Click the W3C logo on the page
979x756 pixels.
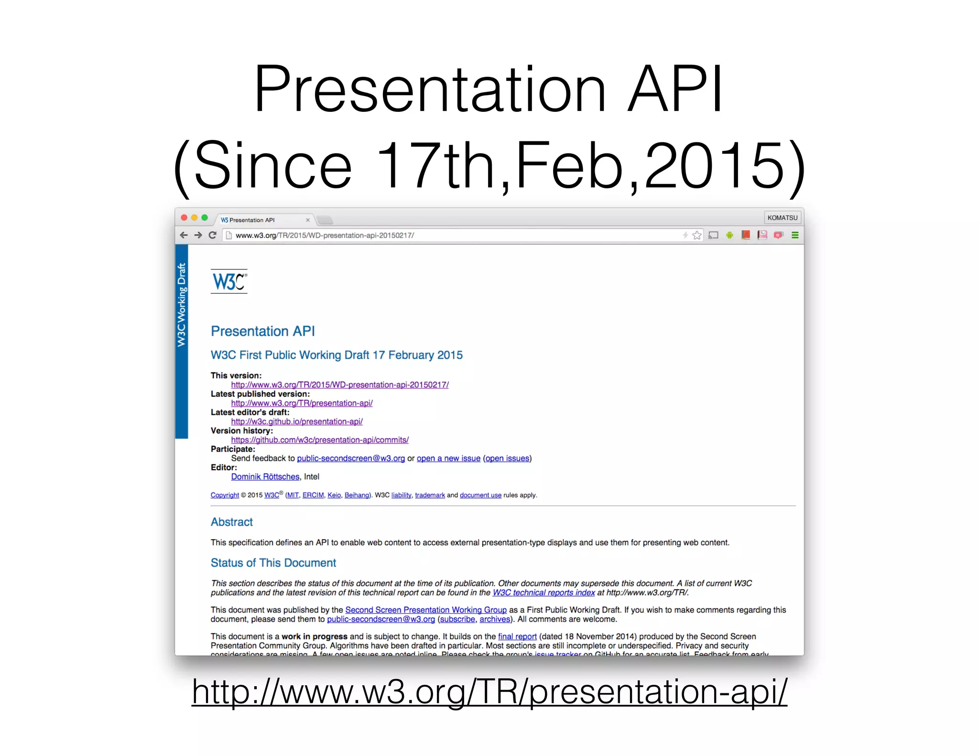[229, 281]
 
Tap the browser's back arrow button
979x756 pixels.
[184, 235]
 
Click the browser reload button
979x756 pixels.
[213, 235]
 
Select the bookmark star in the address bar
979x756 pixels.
[697, 235]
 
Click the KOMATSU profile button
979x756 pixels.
[782, 218]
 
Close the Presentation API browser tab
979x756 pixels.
[308, 220]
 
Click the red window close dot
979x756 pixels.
[184, 218]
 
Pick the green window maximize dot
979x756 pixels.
[205, 218]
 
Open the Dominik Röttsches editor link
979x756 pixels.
[265, 476]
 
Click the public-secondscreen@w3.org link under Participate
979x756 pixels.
[351, 458]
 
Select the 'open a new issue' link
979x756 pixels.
[448, 458]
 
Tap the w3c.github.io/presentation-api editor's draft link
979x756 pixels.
[297, 421]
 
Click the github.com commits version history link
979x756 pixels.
[320, 440]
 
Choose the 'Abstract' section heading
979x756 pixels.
[232, 522]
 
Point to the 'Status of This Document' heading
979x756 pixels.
[273, 563]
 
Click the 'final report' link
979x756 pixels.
[517, 637]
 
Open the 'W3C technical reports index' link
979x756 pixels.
[544, 593]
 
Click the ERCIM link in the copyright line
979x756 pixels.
[313, 495]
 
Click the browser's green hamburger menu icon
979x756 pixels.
[795, 235]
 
